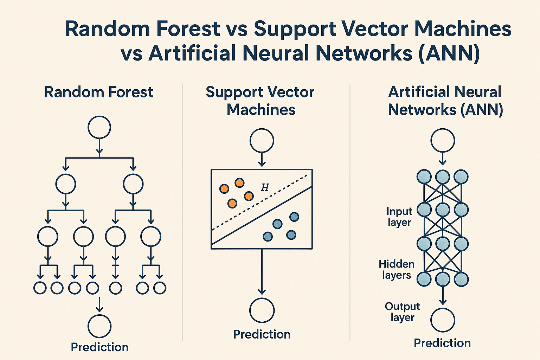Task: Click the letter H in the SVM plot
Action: point(265,187)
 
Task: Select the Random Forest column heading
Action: point(99,92)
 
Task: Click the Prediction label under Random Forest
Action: point(100,347)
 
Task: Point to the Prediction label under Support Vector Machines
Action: point(262,334)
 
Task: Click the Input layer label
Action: point(399,217)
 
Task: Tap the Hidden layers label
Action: point(397,270)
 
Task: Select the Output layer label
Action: point(403,312)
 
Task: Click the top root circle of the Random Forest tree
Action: point(99,127)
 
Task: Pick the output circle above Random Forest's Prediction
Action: point(99,326)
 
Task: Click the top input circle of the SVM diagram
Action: point(262,141)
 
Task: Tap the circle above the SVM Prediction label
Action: point(262,310)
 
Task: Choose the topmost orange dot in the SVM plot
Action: point(239,183)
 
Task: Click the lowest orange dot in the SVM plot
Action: point(232,203)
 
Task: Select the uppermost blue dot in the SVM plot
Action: point(294,217)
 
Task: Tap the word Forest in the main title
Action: point(188,29)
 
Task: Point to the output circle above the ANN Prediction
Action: point(443,320)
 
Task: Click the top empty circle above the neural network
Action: point(443,141)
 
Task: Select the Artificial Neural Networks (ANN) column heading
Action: point(445,101)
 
